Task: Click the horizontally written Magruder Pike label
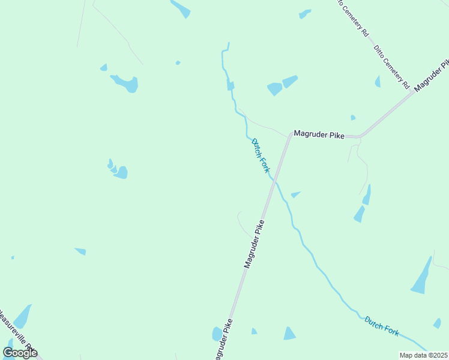318,136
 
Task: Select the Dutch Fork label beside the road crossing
261,155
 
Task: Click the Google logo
20,353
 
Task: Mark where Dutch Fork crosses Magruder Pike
274,178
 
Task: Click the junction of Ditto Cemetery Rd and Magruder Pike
414,91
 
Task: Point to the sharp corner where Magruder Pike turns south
291,134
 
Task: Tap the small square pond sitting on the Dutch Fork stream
231,86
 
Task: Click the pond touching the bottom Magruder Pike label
217,334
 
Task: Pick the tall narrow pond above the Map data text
421,277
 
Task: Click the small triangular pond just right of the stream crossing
295,194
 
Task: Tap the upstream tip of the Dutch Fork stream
228,43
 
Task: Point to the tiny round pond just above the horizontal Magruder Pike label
353,118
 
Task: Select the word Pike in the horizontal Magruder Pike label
336,136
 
